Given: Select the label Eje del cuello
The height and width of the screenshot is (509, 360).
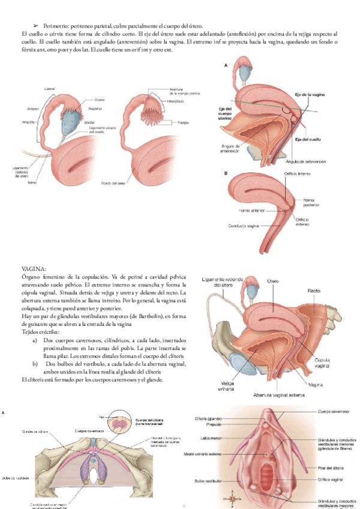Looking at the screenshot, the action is (x=310, y=140).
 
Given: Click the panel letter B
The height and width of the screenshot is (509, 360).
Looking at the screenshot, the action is (x=226, y=173).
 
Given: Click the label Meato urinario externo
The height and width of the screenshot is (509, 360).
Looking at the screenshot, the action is (x=204, y=453).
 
